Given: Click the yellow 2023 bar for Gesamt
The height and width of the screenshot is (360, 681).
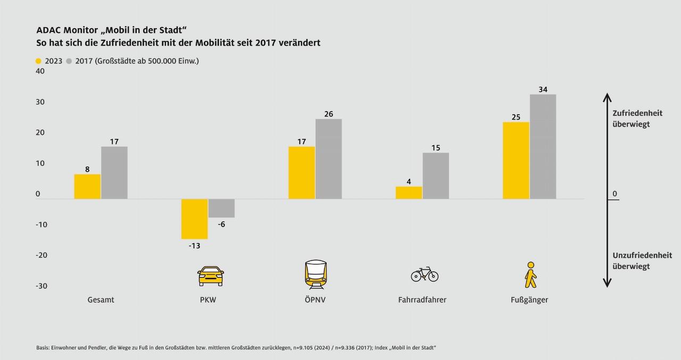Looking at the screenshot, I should [x=87, y=187].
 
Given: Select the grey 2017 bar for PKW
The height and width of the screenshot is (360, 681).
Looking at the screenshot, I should [x=221, y=208].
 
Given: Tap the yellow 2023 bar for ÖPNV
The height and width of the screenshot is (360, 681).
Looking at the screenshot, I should [x=302, y=173].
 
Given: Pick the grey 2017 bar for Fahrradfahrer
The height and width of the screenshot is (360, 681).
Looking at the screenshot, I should [x=436, y=176].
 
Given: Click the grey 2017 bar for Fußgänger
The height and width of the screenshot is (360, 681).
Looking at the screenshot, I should [x=543, y=147].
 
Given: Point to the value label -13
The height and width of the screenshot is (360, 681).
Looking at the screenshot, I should [x=194, y=246].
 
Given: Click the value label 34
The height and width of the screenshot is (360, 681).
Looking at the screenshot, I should [x=543, y=89].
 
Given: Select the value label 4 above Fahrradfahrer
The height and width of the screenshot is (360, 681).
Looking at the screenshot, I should [x=409, y=181].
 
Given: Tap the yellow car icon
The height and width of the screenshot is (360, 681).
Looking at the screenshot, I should [x=210, y=276].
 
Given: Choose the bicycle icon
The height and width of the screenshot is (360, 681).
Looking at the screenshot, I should [x=424, y=274].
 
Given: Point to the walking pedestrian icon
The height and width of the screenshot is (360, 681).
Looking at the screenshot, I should [x=530, y=274].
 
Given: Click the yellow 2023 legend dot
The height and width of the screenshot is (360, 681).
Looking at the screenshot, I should [x=38, y=61].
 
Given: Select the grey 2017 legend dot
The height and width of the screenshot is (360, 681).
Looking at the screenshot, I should [x=69, y=61].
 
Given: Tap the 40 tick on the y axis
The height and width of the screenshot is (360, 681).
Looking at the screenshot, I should [x=40, y=72].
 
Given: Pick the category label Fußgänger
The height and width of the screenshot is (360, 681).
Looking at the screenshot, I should [x=529, y=300].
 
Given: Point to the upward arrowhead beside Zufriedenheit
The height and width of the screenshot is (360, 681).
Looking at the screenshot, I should [x=607, y=97].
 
